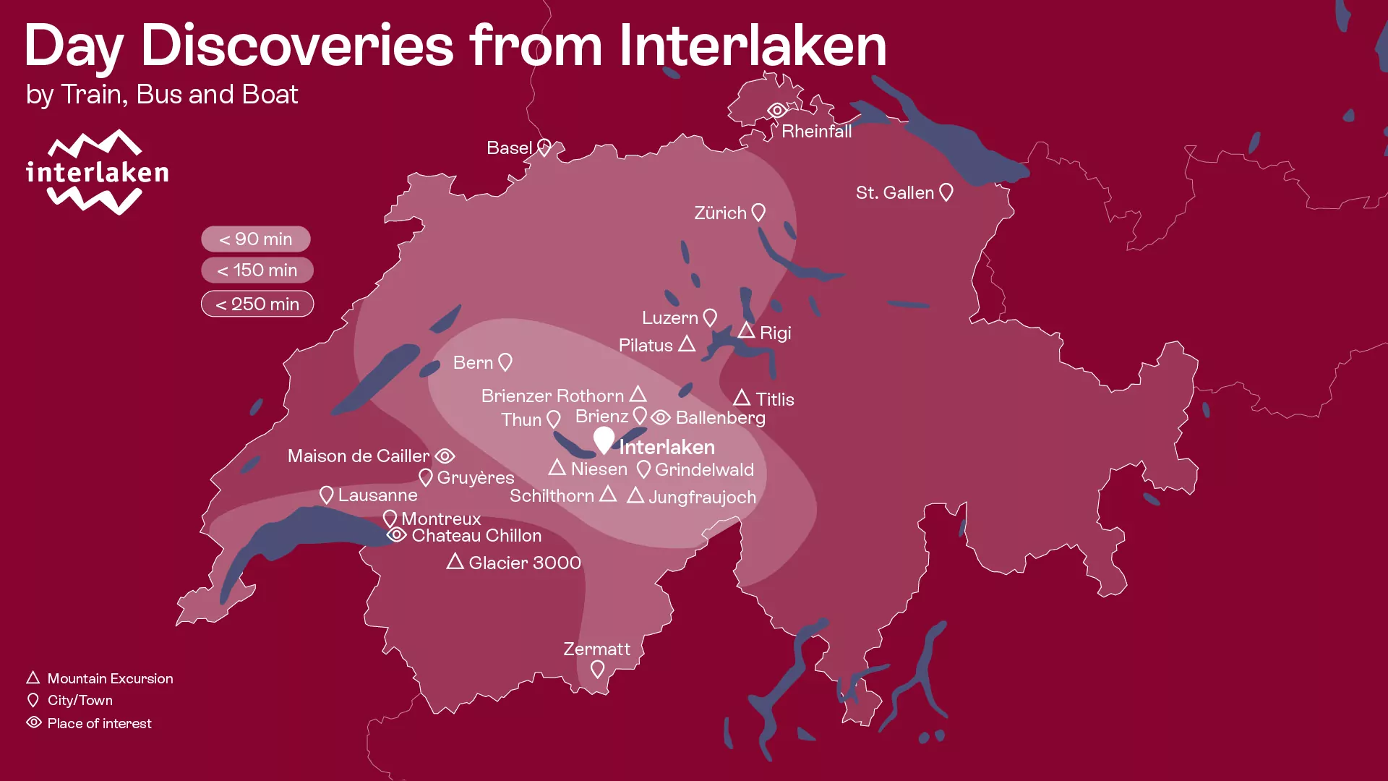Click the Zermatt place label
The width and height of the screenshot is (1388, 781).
pos(596,649)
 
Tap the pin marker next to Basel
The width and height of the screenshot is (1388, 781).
pos(544,148)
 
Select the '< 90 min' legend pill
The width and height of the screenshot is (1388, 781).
pos(256,239)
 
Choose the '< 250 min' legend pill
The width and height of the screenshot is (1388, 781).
pos(257,304)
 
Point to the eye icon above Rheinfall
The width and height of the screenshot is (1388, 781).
pos(777,111)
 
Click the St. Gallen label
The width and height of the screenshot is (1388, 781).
pos(895,192)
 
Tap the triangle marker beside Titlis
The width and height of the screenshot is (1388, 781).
pos(742,398)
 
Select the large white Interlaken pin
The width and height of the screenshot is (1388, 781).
pos(604,439)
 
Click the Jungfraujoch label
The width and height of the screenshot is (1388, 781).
pos(702,497)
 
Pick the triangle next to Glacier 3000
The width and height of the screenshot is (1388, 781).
pos(455,561)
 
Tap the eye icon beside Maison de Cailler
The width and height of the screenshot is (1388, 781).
pos(445,456)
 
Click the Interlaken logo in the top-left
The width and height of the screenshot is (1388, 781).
pos(97,172)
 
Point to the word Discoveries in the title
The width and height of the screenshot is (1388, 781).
pos(296,46)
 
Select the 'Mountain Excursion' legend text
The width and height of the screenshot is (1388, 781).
pos(110,678)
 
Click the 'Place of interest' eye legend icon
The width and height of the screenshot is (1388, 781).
pos(34,722)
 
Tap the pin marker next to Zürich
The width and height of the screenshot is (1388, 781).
pos(758,212)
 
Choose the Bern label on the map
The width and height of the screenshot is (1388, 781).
pos(473,362)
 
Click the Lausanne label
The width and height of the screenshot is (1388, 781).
pos(377,495)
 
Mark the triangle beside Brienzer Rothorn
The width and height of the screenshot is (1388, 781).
pos(638,394)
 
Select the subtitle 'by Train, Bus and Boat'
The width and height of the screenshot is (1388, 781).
pos(161,94)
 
